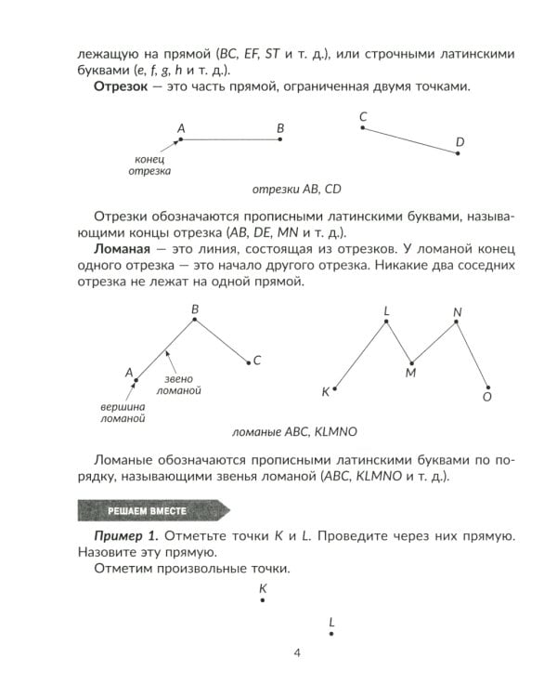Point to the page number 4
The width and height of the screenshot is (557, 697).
(296, 652)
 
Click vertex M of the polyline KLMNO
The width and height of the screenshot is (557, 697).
(410, 361)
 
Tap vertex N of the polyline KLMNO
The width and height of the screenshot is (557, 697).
(455, 323)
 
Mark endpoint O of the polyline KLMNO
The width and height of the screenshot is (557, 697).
(488, 388)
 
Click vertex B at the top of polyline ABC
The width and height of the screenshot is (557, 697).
(194, 321)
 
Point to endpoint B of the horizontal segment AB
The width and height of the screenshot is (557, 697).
(280, 139)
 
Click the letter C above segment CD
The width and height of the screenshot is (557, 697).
(362, 116)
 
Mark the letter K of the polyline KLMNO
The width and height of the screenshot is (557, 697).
(325, 392)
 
